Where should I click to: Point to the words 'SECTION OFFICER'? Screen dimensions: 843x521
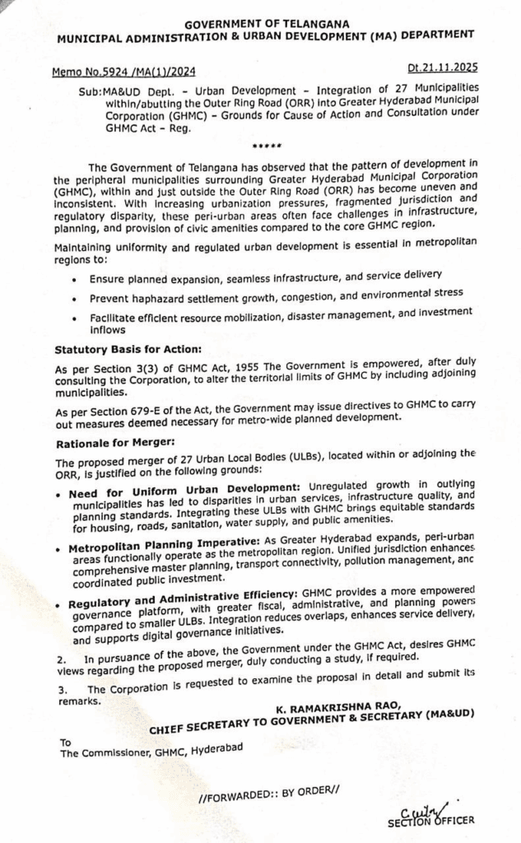[x=431, y=822]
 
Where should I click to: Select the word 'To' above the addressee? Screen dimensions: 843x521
[x=66, y=741]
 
